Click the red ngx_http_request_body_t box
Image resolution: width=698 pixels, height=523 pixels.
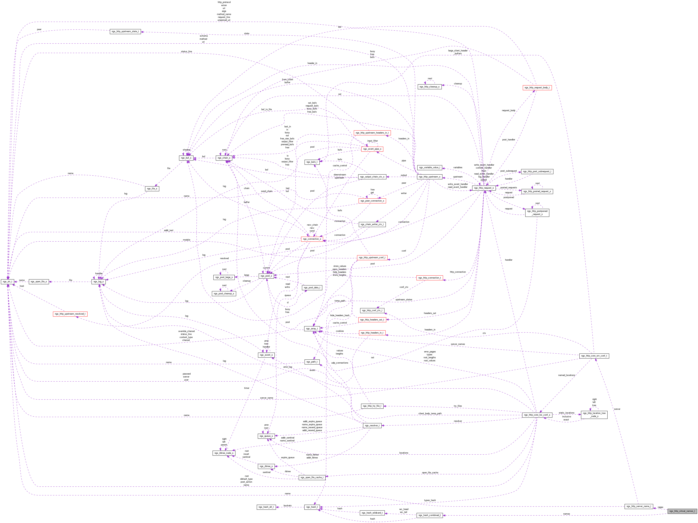tap(537, 88)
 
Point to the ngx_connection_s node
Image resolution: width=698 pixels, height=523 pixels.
tap(312, 239)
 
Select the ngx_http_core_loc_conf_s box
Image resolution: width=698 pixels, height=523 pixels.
tap(537, 415)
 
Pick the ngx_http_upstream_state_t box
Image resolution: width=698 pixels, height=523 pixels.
tap(125, 32)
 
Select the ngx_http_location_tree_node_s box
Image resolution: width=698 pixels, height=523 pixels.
tap(594, 415)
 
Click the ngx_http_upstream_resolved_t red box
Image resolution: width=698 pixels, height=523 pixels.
tap(70, 314)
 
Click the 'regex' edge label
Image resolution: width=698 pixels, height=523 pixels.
tap(660, 507)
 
